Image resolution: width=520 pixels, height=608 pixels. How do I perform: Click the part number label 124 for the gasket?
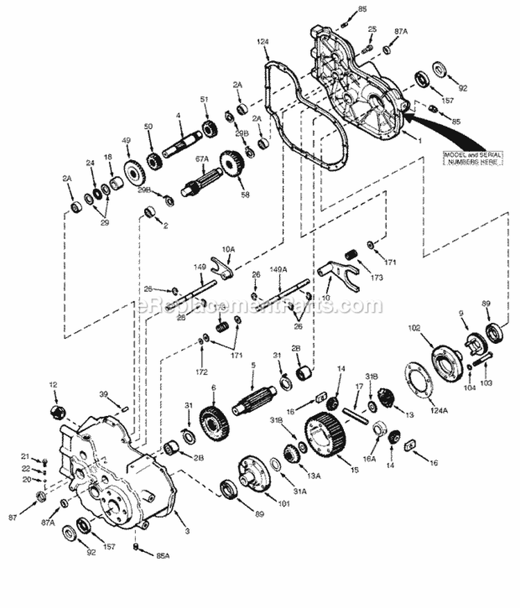[262, 42]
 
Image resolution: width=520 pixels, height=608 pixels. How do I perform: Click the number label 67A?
[201, 158]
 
